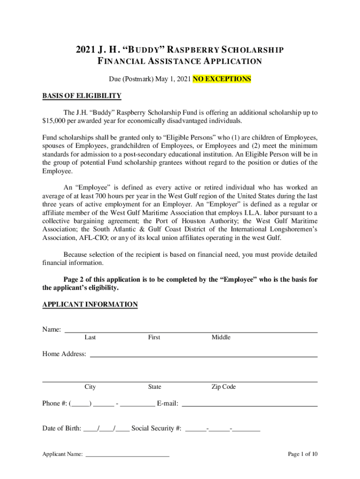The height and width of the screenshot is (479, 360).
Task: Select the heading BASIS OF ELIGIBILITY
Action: pos(82,96)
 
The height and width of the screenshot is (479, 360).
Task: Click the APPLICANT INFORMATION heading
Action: pos(90,305)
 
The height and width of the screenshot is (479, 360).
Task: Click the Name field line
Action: pos(191,331)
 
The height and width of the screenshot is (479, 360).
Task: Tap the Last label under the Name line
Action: pos(90,337)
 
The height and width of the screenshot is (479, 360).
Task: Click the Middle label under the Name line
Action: pos(221,337)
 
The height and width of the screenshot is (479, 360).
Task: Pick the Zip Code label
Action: pos(223,387)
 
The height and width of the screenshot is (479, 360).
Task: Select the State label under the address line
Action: pos(154,387)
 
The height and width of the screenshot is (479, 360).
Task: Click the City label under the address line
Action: pos(90,387)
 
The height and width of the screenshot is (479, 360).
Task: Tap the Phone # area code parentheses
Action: pos(80,403)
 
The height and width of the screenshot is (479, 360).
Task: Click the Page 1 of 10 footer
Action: pos(302,454)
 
